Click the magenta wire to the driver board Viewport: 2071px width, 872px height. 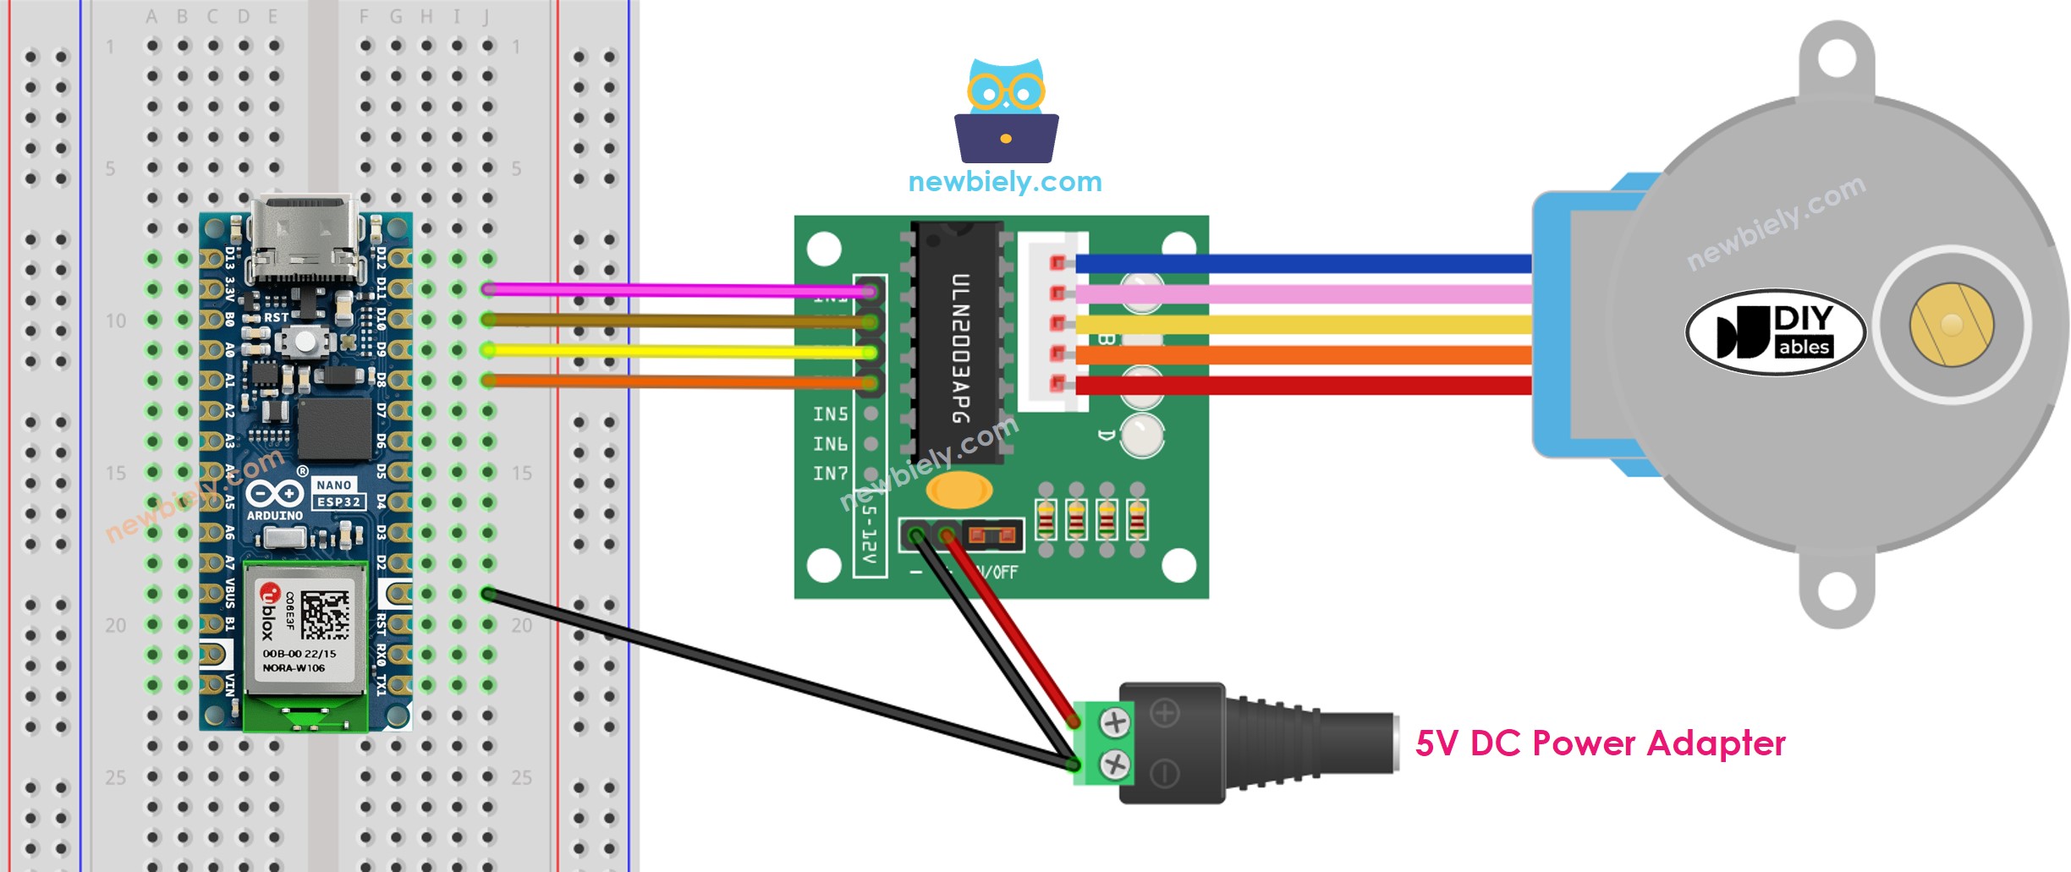pos(677,290)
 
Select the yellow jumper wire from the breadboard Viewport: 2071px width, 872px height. pos(677,350)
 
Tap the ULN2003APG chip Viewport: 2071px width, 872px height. pos(959,343)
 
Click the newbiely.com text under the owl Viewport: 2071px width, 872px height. pos(1004,182)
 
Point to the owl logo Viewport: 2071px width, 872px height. pos(1006,111)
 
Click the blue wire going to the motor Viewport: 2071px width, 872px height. pos(1303,264)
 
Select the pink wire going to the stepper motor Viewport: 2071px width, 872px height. pos(1303,294)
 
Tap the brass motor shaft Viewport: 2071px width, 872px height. pos(1951,325)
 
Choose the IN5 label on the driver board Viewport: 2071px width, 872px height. pos(830,414)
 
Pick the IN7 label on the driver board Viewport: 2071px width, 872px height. pos(830,474)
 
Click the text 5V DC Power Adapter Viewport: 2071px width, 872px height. pos(1600,743)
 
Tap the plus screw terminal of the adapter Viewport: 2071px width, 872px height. pos(1115,722)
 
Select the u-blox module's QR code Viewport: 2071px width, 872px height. pos(325,615)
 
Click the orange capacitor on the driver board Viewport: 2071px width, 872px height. pos(959,489)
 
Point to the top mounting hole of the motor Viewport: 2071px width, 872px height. pos(1836,59)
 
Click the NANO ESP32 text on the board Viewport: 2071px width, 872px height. pos(338,494)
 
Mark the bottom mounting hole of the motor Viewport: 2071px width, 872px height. pos(1836,591)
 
